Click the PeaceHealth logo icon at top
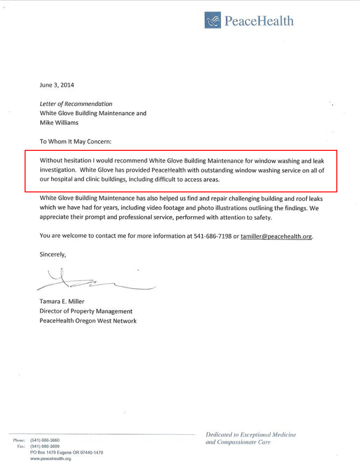(213, 21)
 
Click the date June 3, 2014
(57, 86)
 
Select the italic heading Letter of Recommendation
(76, 104)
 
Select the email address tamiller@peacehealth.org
(276, 236)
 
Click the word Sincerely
(53, 254)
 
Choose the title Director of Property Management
(86, 311)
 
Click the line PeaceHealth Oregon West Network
(88, 321)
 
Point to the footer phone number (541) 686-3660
(45, 440)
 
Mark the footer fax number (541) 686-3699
(45, 446)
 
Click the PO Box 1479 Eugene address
(66, 452)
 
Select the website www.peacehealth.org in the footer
(51, 459)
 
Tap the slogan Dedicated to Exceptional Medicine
(251, 435)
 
